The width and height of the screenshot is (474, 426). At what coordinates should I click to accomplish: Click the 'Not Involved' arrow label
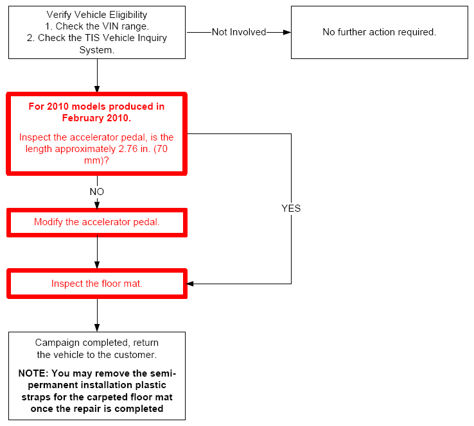coord(239,32)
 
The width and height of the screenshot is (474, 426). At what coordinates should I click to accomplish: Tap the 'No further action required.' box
coord(380,32)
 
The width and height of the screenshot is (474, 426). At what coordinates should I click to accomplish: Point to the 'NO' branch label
coord(97,192)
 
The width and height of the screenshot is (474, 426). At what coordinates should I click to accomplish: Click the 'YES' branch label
coord(291,209)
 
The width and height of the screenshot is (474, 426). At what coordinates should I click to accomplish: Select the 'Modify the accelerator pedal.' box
coord(97,223)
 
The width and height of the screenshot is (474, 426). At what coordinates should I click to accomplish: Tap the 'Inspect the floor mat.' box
coord(97,284)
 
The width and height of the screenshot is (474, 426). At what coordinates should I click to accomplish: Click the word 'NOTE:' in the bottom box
coord(33,373)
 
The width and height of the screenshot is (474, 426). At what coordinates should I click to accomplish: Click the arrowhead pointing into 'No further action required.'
coord(287,32)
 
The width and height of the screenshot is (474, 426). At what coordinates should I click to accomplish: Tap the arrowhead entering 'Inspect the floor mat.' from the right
coord(190,284)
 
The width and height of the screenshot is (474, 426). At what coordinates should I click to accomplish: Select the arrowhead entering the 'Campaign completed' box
coord(97,328)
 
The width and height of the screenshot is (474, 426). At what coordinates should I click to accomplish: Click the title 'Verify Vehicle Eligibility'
coord(97,15)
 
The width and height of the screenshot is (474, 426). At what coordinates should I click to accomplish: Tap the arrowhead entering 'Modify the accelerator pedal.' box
coord(97,205)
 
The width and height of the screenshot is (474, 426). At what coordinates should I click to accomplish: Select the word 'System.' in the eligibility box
coord(97,50)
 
